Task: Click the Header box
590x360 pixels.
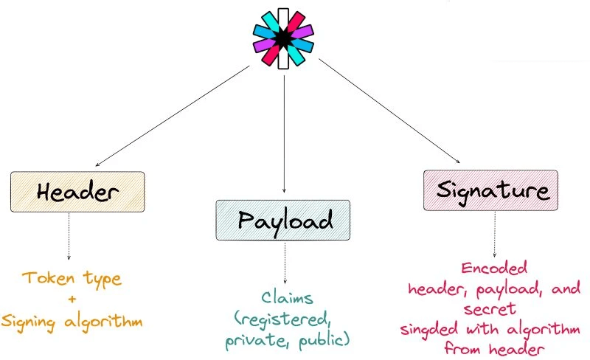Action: [77, 192]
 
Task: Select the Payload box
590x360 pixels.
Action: [285, 219]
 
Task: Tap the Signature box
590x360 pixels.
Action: [490, 190]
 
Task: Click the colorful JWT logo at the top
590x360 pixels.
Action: [284, 39]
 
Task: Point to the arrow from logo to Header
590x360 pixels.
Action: [173, 115]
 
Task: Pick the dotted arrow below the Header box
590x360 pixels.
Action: [69, 236]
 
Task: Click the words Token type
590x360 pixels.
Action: [72, 279]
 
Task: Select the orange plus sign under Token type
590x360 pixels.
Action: [72, 300]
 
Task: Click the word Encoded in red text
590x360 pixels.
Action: [494, 268]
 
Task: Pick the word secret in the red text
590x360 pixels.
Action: [489, 308]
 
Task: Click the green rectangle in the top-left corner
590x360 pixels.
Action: [28, 26]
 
